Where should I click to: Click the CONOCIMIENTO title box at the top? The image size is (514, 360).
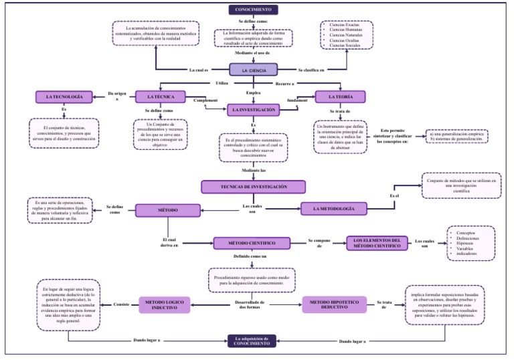[x=253, y=9]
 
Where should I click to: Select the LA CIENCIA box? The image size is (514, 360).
[x=253, y=70]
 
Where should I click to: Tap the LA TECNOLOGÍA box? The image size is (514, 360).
[x=64, y=97]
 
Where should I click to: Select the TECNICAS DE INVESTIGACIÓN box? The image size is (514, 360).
[x=253, y=187]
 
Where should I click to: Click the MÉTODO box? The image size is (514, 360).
[x=168, y=210]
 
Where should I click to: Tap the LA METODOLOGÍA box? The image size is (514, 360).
[x=333, y=209]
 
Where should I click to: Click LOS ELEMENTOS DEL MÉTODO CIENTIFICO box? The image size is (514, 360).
[x=377, y=243]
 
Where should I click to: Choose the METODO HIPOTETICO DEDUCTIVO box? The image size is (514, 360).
[x=334, y=304]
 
